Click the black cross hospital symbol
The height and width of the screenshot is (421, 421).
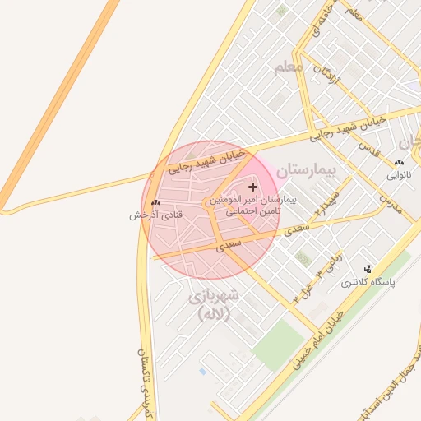252,187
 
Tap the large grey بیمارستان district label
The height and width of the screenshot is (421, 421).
308,170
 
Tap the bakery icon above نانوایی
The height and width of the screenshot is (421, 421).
400,163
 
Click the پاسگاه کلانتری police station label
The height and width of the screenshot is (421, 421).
368,281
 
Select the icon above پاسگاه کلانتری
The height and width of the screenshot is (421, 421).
368,269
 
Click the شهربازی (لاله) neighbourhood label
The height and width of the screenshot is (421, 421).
213,303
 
